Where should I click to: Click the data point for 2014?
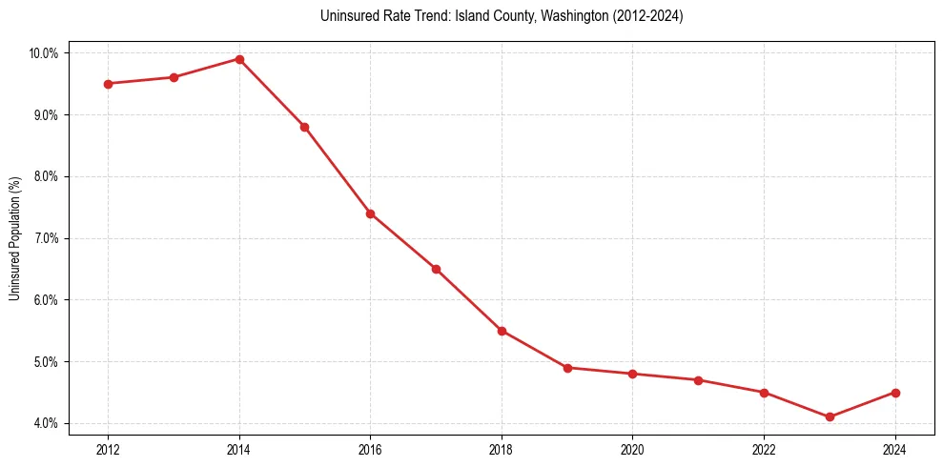(239, 59)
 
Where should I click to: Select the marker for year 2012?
(108, 84)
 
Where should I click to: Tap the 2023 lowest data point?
(830, 416)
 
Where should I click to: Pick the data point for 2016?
(370, 213)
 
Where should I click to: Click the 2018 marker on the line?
(502, 331)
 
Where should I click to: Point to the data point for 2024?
(895, 393)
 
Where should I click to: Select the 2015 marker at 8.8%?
(305, 127)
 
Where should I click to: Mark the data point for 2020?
(632, 374)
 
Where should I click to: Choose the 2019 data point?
(567, 368)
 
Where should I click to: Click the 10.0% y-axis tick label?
(43, 53)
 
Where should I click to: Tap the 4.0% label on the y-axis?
(45, 423)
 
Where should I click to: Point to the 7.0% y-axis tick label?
(45, 238)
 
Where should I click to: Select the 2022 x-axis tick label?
(764, 450)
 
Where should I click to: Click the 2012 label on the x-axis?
(108, 450)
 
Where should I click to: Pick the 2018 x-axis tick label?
(502, 450)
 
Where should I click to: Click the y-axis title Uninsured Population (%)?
(14, 238)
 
